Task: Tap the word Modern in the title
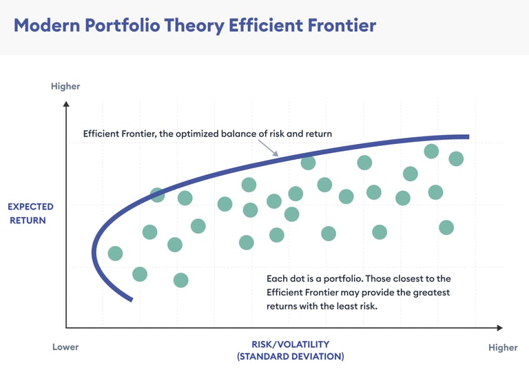coord(47,25)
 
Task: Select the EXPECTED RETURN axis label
coord(30,214)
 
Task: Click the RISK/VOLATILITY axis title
coord(291,344)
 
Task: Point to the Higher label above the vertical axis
coord(65,86)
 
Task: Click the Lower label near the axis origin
coord(65,347)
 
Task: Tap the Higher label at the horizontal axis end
coord(503,348)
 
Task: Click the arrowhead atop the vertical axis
coord(66,104)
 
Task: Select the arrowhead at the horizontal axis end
coord(499,327)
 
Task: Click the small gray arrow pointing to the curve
coord(269,149)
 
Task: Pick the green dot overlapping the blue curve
coord(157,195)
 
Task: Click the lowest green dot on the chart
coord(181,280)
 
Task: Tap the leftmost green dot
coord(116,253)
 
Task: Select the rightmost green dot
coord(456,158)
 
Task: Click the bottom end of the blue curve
coord(132,299)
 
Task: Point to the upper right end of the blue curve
coord(468,136)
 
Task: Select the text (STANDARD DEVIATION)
coord(291,356)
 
